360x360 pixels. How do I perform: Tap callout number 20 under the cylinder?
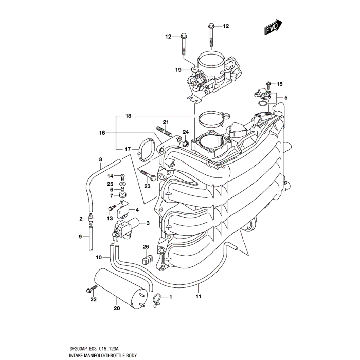click(116, 309)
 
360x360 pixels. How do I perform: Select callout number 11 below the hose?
click(198, 297)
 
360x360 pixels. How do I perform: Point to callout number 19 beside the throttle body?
click(178, 70)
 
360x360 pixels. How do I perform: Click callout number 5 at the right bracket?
click(286, 98)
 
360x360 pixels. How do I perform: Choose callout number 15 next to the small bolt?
click(279, 84)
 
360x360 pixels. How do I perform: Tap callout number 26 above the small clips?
click(146, 246)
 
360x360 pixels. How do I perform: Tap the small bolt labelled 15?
click(268, 84)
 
